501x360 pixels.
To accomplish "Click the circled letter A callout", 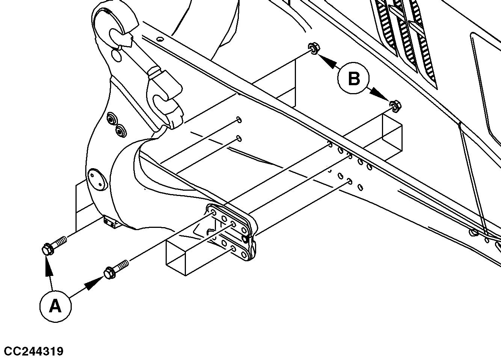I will tap(55, 306).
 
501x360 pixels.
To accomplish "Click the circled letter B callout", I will tap(353, 79).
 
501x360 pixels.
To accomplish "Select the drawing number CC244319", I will tap(32, 351).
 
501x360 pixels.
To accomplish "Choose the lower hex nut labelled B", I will tap(394, 106).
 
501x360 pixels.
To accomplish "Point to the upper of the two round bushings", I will tap(112, 120).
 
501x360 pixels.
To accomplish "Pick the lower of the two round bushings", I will tap(121, 131).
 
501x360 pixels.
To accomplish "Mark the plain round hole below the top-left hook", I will tap(117, 56).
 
